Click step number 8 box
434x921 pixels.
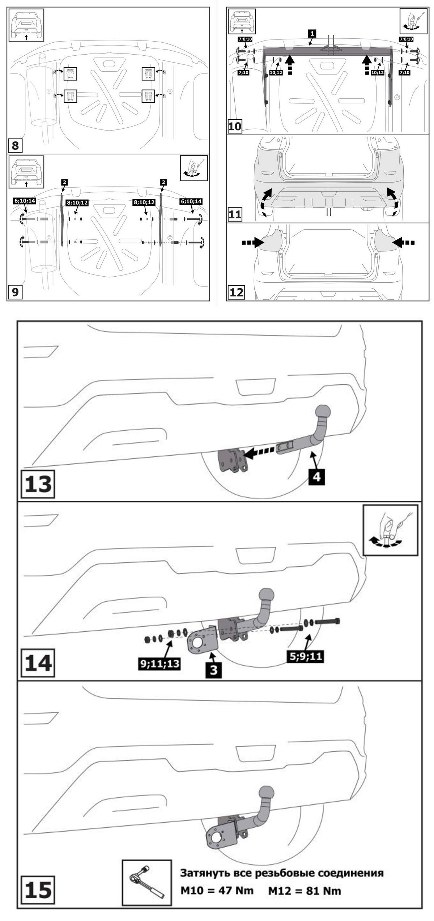(15, 146)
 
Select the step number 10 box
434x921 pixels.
(235, 127)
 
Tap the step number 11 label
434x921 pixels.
(235, 215)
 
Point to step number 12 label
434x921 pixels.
(236, 292)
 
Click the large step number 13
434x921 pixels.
(38, 483)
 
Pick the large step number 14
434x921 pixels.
(38, 662)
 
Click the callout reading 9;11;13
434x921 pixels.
(159, 663)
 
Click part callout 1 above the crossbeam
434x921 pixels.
(312, 33)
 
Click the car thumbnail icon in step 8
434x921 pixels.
(26, 25)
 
